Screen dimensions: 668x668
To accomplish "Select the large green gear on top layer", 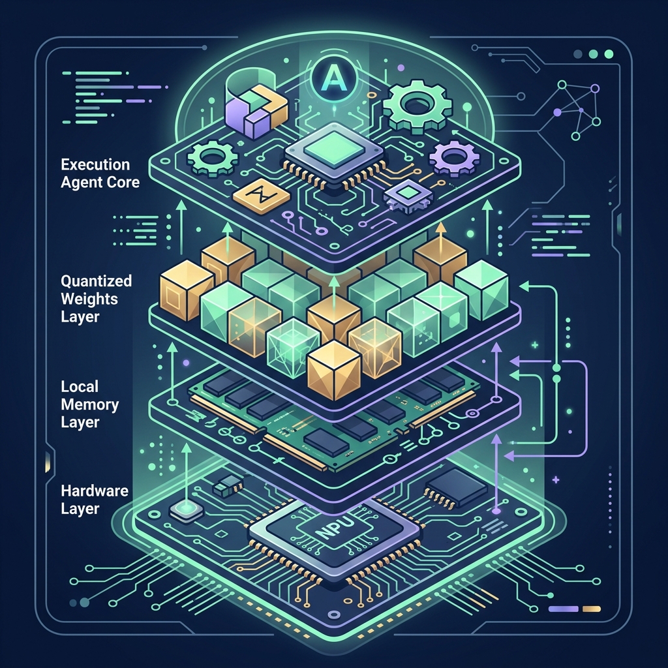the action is tap(417, 106).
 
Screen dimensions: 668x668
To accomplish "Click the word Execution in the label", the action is tap(95, 165).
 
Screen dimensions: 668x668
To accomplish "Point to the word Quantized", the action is tap(97, 281).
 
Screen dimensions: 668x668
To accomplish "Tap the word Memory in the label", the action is tap(89, 404).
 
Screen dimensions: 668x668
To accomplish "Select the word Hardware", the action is tap(94, 491).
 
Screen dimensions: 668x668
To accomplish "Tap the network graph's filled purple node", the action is tap(557, 112).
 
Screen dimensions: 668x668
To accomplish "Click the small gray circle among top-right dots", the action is tap(578, 54).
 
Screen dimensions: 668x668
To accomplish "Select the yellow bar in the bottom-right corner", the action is tap(591, 609).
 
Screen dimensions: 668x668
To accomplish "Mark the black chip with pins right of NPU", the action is tap(457, 489).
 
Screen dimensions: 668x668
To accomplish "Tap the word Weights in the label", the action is tap(89, 299).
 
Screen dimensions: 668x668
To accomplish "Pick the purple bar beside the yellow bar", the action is tap(564, 609).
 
